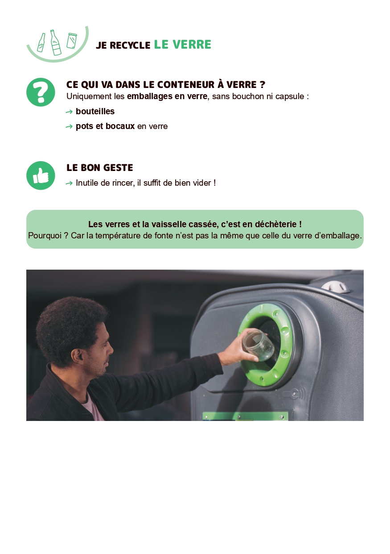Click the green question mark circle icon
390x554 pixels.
point(41,92)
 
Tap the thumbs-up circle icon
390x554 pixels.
point(41,175)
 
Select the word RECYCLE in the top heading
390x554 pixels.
point(130,45)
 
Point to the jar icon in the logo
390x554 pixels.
point(72,41)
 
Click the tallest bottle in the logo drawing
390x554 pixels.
point(56,42)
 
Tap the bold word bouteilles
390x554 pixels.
point(95,111)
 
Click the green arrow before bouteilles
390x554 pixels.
point(69,112)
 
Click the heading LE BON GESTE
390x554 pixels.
point(100,168)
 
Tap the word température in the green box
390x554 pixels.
point(118,236)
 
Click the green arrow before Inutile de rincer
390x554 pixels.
point(69,183)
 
